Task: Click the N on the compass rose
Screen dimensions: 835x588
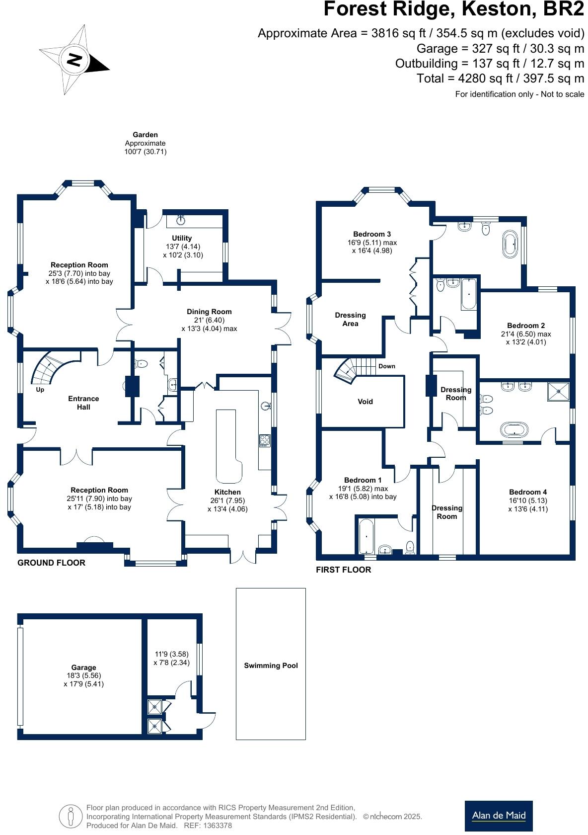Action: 74,60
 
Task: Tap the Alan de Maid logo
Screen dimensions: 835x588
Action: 498,816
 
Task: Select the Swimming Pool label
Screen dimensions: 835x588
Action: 271,666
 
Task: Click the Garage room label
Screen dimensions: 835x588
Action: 83,668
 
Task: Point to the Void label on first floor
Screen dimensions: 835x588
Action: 365,402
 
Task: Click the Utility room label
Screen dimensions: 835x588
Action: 182,238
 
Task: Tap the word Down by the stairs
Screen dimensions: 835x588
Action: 387,366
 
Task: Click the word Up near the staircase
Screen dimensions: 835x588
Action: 40,390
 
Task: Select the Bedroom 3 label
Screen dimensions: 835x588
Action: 372,234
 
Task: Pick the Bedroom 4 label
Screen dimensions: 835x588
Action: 528,492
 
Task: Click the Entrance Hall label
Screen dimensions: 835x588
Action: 83,403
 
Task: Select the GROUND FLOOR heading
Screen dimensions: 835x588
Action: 51,563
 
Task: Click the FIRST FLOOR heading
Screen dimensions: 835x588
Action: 343,570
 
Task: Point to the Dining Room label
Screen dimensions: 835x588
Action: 209,312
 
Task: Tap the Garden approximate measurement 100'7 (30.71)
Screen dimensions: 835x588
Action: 145,152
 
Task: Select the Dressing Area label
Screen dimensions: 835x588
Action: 350,319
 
